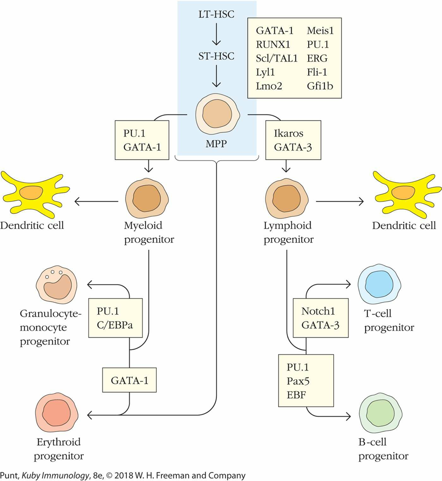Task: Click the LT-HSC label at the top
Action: [x=216, y=15]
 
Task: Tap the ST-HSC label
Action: [x=216, y=56]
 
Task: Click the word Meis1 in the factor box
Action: [x=320, y=31]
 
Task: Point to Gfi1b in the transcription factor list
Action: [x=320, y=86]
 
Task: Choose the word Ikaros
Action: [x=288, y=133]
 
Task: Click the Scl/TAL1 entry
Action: [x=276, y=58]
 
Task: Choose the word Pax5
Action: [x=298, y=381]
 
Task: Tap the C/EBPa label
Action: [x=115, y=325]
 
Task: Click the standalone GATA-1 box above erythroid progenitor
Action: [x=129, y=380]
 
